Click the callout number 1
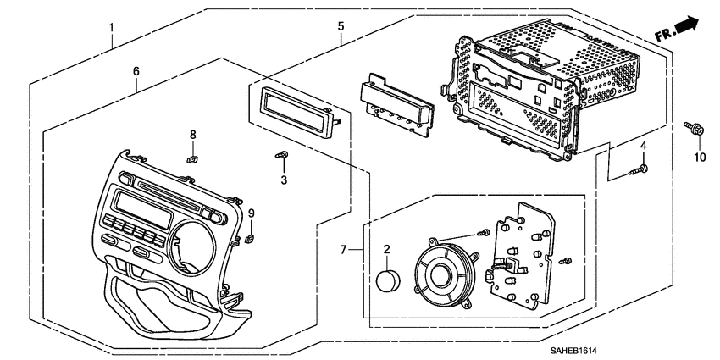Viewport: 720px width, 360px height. (111, 28)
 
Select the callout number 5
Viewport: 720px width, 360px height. (341, 26)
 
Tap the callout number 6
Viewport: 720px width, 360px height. (136, 72)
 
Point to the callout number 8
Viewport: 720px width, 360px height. (193, 135)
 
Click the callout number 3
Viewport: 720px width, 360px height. (285, 180)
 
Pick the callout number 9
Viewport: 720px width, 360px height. (252, 213)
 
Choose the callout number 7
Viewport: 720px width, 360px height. (342, 250)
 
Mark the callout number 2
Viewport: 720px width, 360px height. (386, 249)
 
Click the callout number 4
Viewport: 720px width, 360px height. (644, 146)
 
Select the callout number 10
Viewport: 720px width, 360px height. (700, 158)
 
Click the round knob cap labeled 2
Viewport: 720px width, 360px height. (388, 280)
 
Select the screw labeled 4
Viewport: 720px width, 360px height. (639, 170)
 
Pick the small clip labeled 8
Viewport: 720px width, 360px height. (192, 159)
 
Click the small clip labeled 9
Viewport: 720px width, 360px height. (250, 238)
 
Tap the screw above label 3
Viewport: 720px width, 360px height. (282, 155)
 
